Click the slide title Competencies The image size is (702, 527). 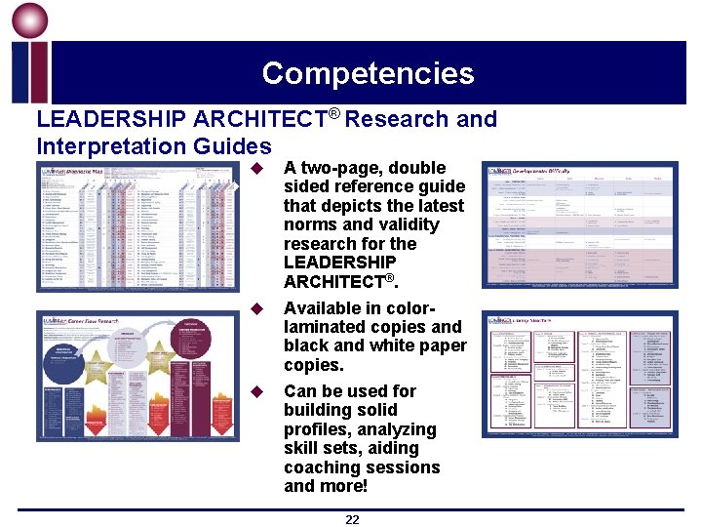tap(368, 73)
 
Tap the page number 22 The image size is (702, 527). tap(352, 519)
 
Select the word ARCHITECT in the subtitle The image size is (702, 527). tap(259, 120)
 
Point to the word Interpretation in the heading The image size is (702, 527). tap(99, 147)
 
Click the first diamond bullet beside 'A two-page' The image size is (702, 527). tap(258, 168)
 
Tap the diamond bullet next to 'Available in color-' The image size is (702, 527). tap(258, 308)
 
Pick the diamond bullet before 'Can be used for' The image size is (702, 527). tap(258, 391)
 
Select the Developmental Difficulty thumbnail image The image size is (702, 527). tap(579, 225)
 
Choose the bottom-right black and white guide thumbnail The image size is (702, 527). tap(579, 375)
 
